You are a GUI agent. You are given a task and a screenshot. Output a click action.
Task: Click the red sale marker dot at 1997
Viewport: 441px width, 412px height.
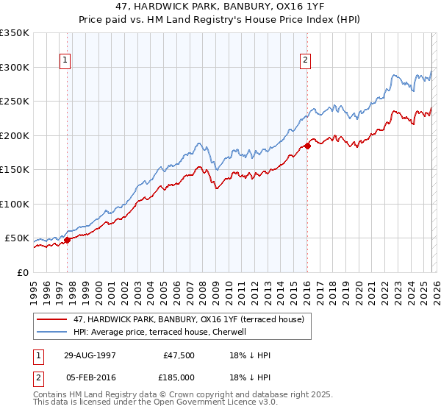(x=67, y=239)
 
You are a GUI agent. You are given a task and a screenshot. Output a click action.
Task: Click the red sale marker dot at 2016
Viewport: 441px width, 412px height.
(x=307, y=146)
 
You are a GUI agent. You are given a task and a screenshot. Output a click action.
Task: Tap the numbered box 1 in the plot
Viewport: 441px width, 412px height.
(x=66, y=61)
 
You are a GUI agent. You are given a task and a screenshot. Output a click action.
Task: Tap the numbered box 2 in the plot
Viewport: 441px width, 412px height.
(x=305, y=61)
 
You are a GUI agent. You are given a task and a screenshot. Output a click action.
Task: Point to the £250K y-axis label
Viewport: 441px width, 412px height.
(x=15, y=101)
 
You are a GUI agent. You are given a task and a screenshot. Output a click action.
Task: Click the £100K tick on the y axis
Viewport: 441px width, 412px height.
(x=15, y=204)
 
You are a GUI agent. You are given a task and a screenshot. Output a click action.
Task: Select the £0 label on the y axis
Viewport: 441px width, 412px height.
(x=22, y=272)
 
